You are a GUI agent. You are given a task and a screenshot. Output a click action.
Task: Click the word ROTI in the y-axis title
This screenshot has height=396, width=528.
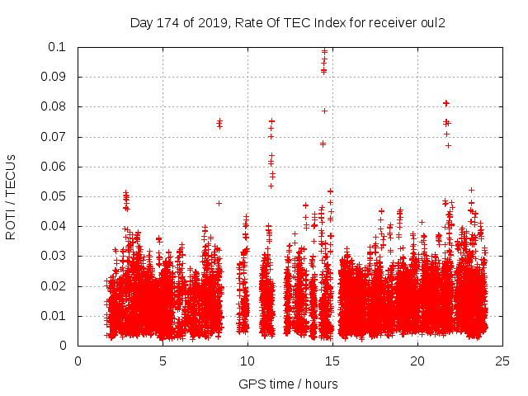(x=11, y=224)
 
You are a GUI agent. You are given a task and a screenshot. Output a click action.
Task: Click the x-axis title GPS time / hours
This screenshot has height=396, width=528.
(x=288, y=384)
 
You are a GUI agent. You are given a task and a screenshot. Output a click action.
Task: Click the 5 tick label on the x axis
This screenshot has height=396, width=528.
(x=163, y=361)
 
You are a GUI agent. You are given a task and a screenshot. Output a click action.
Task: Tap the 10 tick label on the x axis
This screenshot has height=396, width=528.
(x=247, y=361)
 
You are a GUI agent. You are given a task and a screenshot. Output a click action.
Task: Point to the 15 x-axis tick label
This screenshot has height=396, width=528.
(x=332, y=361)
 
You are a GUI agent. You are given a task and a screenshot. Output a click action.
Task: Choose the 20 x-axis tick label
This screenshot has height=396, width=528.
(x=417, y=361)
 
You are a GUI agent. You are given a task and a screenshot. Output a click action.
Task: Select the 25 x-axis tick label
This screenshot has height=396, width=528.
(x=502, y=361)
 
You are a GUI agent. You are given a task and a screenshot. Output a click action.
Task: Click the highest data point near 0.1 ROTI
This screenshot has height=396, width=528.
(x=324, y=51)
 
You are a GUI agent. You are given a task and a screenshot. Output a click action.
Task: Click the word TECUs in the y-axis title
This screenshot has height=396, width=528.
(x=11, y=174)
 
